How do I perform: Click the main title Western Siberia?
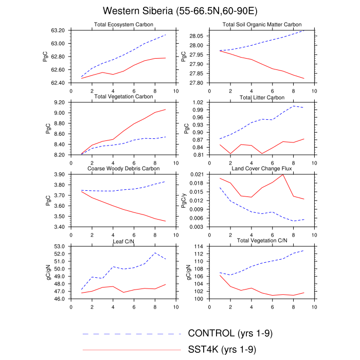179,11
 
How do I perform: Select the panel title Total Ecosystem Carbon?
122,25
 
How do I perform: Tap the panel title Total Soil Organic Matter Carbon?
262,25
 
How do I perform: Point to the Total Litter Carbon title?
262,97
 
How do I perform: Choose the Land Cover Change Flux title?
262,169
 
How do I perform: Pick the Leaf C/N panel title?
122,241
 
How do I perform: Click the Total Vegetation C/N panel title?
262,241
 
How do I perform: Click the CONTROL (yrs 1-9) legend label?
230,333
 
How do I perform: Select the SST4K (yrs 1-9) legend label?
222,350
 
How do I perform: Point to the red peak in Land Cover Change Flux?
283,174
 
